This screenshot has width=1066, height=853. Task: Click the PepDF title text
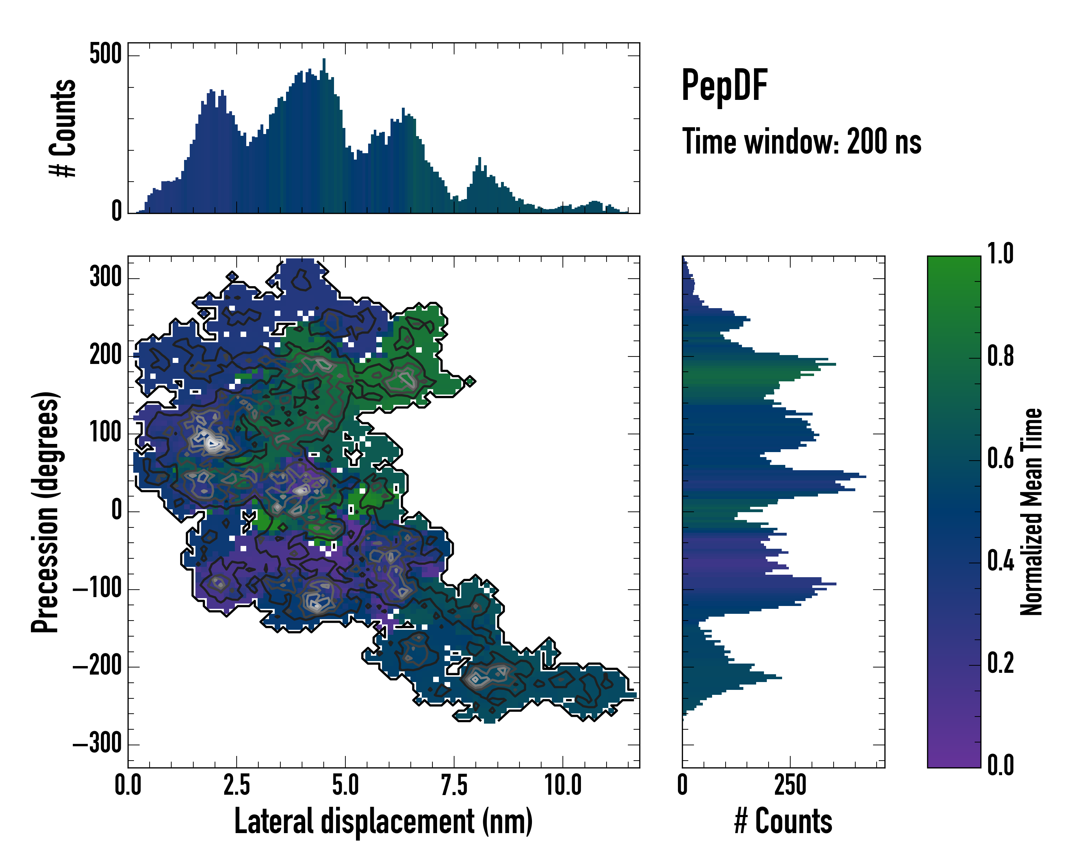724,86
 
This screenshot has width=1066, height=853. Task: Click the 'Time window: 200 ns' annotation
802,142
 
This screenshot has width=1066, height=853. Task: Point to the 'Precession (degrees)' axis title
45,512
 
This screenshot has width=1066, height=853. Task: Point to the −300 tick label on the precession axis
97,744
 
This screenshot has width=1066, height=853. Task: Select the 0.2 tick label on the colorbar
1000,664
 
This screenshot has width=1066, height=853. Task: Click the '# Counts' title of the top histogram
63,128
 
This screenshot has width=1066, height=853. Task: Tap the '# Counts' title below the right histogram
783,821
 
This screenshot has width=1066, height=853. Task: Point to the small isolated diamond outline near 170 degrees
470,381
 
